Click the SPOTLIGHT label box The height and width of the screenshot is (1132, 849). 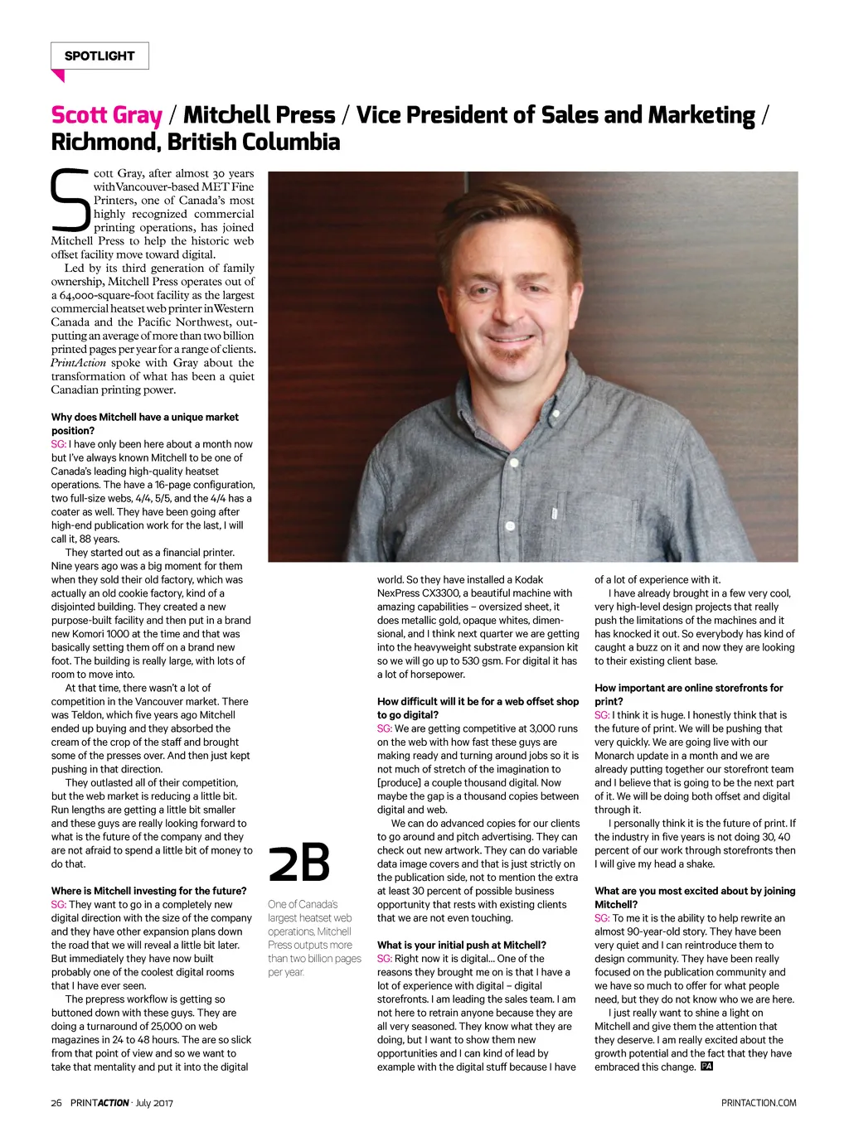pos(99,56)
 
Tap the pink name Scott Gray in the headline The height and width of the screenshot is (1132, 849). pos(106,115)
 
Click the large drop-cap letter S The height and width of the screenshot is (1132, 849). pos(70,201)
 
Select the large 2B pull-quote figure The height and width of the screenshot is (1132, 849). pos(299,863)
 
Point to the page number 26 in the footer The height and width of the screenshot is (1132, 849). pos(56,1103)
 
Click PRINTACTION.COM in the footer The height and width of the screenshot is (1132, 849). pos(759,1103)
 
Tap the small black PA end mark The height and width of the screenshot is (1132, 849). pos(706,1067)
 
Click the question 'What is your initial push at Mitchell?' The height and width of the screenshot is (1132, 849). pos(461,945)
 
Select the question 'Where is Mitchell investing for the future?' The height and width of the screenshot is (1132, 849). pos(148,891)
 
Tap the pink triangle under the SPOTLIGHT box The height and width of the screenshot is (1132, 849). pos(58,75)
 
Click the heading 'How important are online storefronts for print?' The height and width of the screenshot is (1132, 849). pos(688,694)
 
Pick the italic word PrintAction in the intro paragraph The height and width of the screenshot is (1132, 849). pos(79,363)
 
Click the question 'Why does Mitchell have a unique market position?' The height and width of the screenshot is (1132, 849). pos(144,423)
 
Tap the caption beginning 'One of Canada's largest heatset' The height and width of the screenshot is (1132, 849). pos(314,938)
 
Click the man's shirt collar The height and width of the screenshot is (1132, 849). pos(497,406)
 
